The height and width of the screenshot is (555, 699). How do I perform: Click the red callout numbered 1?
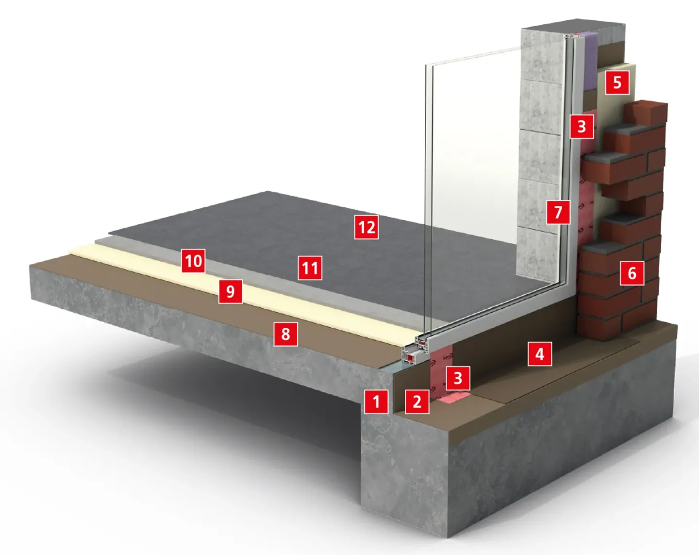376,402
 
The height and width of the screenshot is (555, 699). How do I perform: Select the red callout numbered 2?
417,402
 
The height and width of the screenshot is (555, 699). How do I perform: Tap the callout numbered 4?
539,354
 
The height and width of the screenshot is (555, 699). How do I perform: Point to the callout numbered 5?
617,83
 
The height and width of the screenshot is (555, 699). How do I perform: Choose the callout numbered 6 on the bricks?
632,273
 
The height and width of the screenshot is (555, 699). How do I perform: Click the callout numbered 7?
558,212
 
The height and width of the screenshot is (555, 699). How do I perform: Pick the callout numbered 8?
285,334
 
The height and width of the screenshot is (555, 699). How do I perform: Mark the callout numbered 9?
230,291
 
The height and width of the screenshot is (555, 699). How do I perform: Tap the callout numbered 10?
193,261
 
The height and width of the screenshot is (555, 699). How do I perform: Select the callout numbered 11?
310,268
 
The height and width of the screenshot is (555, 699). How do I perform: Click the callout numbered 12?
366,227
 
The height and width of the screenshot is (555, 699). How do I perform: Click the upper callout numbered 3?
582,126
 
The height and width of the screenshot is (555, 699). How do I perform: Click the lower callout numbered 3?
458,378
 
